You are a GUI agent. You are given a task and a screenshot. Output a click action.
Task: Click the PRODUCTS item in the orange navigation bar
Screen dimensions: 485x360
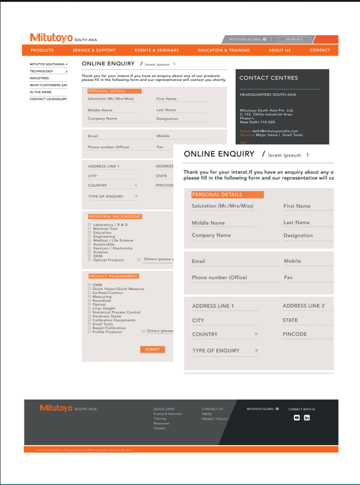[x=42, y=51]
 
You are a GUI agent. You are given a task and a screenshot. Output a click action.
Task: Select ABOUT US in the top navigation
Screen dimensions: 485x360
[x=280, y=51]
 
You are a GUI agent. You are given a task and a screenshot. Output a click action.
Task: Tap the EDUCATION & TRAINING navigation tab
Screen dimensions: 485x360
[x=223, y=51]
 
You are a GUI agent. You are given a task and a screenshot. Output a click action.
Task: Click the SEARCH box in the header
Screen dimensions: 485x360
[x=298, y=39]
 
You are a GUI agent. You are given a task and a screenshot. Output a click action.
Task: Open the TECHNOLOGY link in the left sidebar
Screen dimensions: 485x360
[x=42, y=71]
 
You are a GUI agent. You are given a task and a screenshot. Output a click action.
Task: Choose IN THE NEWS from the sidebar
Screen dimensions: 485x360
[x=41, y=92]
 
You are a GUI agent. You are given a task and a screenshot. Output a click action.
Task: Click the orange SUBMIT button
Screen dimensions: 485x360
[x=152, y=349]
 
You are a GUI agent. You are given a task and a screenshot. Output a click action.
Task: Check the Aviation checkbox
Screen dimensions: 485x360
[x=89, y=252]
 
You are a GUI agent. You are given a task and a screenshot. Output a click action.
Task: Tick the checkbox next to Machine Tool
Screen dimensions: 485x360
[x=89, y=229]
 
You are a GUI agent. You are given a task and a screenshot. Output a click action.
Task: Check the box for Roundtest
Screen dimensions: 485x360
[x=89, y=301]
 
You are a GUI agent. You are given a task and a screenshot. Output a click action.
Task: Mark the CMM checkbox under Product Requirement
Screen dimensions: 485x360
[x=89, y=285]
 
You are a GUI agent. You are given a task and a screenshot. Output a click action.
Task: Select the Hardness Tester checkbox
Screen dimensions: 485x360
[x=89, y=316]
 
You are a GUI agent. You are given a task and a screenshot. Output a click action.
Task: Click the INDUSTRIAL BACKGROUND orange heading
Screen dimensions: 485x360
[x=115, y=216]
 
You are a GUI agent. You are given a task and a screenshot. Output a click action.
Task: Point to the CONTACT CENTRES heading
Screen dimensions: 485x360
[x=268, y=78]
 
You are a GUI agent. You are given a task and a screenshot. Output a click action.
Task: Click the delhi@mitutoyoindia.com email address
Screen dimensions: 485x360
[x=275, y=131]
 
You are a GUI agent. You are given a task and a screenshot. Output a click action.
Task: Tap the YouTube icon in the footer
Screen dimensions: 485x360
[x=297, y=418]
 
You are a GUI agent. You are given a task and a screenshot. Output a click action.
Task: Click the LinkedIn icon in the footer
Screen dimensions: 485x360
[x=307, y=418]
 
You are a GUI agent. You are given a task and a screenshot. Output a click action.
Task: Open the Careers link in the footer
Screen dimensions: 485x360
[x=159, y=428]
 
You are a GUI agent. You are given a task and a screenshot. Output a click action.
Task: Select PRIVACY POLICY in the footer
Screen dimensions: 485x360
[x=215, y=419]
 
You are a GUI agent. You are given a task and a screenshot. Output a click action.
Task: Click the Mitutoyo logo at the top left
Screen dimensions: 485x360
[x=51, y=38]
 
